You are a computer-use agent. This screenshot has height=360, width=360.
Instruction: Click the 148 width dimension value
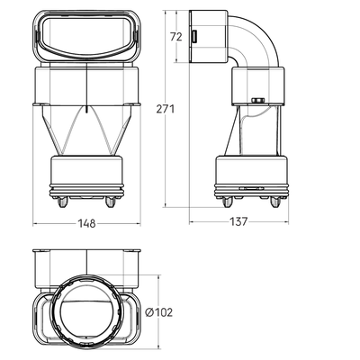86,223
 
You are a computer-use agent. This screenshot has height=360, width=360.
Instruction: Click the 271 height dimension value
166,109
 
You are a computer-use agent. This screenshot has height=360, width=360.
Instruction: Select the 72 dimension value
176,37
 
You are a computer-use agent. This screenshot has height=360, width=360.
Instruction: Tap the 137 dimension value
238,221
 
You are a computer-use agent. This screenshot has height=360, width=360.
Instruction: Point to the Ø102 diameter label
159,312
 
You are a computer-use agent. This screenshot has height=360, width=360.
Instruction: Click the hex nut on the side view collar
256,100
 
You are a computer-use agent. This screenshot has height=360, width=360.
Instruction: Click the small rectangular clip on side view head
194,37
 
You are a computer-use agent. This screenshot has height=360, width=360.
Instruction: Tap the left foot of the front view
63,202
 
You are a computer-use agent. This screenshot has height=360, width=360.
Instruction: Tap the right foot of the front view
110,202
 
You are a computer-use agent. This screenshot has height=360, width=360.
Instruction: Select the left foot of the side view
227,202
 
